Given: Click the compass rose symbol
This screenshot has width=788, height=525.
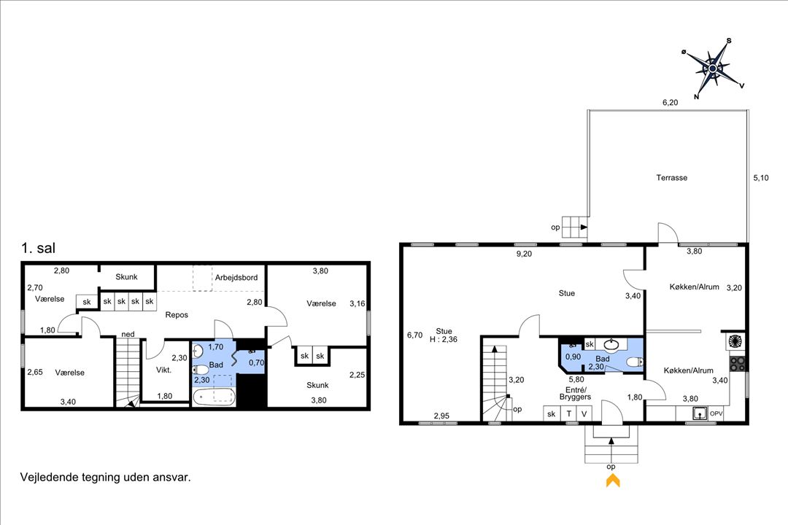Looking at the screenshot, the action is [713, 69].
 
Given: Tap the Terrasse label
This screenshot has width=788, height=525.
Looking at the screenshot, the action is [671, 177].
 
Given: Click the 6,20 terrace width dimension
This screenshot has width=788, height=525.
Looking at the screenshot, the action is [670, 103].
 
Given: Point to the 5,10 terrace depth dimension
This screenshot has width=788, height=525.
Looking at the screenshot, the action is [761, 177].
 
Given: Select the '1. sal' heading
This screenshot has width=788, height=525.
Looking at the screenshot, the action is [38, 248].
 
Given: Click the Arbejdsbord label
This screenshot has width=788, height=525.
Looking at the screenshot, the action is [236, 277].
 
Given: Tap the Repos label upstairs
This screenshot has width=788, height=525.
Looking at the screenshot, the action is [177, 315].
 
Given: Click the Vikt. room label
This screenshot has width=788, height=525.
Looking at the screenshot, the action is [164, 370].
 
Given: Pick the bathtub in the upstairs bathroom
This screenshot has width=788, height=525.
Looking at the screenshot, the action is [214, 397].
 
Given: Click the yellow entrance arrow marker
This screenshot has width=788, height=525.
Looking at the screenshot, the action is [613, 481].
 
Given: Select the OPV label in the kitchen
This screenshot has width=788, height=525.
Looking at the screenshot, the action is [716, 413].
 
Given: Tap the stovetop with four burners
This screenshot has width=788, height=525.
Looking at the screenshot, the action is [737, 363].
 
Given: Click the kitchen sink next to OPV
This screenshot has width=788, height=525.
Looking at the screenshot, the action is [699, 413].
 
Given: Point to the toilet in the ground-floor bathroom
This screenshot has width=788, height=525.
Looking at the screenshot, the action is [635, 362].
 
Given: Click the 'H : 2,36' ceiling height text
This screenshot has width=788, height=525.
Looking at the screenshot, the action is [444, 339].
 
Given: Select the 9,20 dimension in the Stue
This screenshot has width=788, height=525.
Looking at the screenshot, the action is [524, 254].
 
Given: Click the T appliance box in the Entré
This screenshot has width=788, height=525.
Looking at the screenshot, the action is [569, 413].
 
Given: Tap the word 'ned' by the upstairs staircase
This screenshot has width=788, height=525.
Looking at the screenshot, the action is [128, 334].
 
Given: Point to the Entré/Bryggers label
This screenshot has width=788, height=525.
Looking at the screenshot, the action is [576, 393].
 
